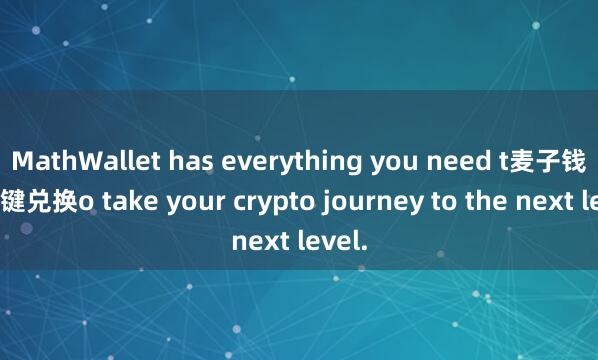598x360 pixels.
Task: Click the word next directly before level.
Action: click(260, 238)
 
